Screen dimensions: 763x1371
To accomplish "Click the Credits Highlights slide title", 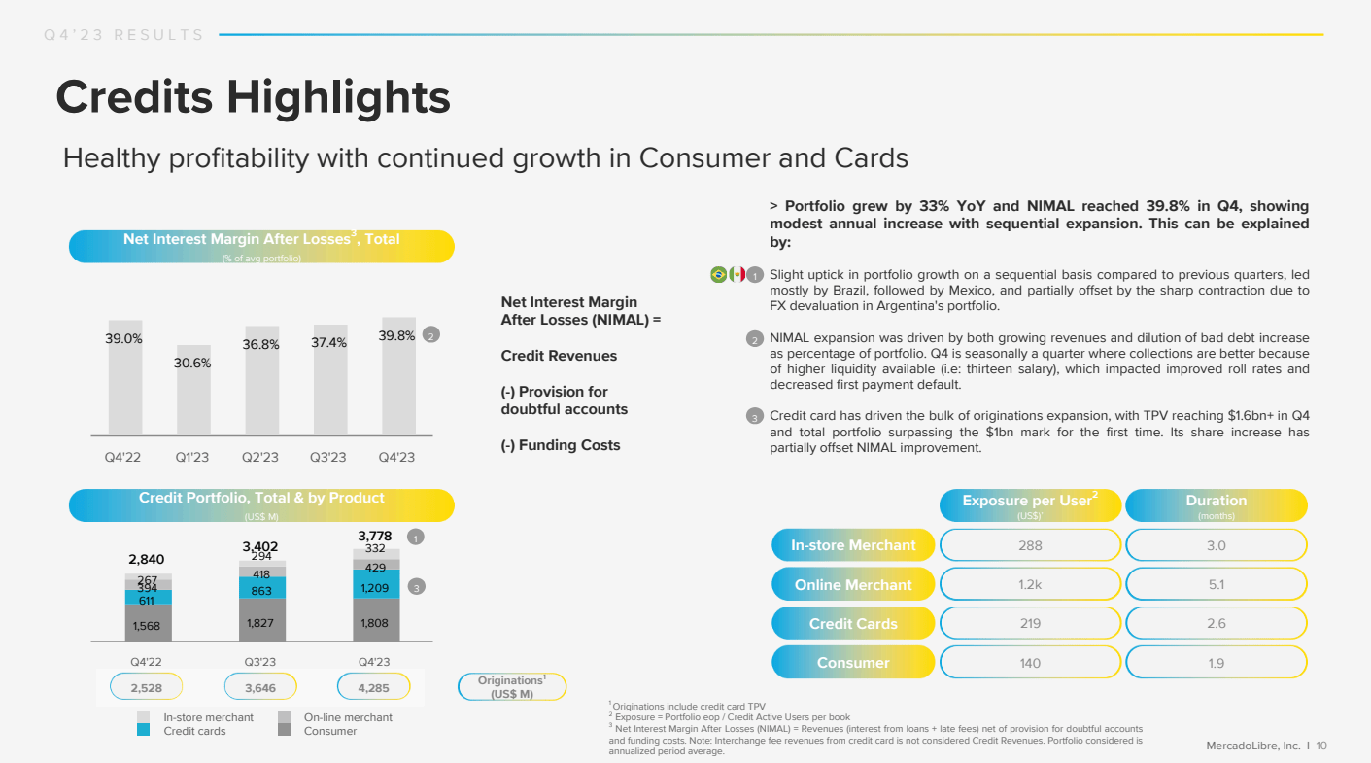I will click(x=253, y=98).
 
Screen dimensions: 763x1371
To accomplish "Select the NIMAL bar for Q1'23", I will click(x=193, y=390).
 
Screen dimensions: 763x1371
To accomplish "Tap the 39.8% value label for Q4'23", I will click(x=396, y=336).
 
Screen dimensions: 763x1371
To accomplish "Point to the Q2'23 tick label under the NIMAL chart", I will click(x=260, y=457).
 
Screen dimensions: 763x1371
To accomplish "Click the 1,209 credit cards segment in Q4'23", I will click(x=376, y=588).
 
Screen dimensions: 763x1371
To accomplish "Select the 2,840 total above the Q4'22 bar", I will click(x=147, y=559).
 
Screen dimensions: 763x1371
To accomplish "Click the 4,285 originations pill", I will click(x=373, y=688).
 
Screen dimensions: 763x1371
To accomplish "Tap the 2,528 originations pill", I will click(x=147, y=688).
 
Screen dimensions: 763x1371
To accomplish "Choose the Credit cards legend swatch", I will click(x=143, y=731).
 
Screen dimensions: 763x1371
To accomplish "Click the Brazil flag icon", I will click(x=718, y=275).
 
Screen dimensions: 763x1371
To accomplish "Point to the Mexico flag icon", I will click(x=737, y=275).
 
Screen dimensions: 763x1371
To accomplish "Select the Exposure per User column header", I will click(x=1030, y=504).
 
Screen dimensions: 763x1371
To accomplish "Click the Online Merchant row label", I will click(x=853, y=584).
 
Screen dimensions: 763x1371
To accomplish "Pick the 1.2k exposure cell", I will click(x=1030, y=584).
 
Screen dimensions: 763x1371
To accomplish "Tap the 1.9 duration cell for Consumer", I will click(x=1216, y=663).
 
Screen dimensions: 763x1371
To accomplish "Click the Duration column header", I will click(x=1216, y=504).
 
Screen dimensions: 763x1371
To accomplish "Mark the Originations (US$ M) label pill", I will click(x=511, y=687).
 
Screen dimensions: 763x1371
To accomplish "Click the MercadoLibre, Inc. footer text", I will click(x=1252, y=746).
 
